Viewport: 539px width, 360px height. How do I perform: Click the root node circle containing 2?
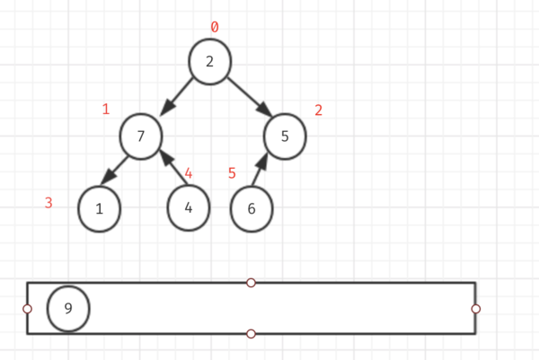coord(210,62)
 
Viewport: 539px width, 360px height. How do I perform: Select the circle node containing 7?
coord(141,136)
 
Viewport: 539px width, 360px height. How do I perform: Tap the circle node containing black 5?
coord(285,136)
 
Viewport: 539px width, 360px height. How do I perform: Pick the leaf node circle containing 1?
coord(99,209)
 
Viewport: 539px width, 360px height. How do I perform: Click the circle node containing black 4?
coord(189,207)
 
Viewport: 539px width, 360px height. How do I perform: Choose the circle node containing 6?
coord(252,209)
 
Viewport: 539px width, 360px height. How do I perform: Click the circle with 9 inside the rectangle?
coord(68,309)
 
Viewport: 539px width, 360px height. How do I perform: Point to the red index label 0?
coord(214,27)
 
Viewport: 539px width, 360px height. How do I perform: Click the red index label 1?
coord(106,110)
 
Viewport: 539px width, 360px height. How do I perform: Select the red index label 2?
coord(318,110)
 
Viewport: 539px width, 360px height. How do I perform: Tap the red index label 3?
coord(49,203)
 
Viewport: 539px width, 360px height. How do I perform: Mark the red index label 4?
coord(189,172)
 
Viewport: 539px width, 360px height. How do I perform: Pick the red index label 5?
coord(232,172)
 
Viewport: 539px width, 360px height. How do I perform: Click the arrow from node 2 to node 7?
coord(178,97)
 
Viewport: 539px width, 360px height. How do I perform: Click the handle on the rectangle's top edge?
coord(251,283)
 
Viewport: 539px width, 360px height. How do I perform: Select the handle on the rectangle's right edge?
coord(475,309)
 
